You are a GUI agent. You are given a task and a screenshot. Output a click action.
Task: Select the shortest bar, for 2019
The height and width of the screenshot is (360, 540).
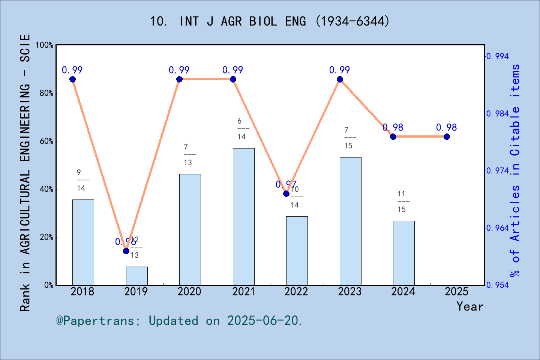136,276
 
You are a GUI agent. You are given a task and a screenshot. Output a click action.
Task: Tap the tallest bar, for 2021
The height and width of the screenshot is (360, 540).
243,217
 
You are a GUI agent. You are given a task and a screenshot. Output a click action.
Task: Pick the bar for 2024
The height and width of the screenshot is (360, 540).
403,253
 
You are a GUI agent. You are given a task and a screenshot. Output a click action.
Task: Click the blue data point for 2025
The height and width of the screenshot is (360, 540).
447,136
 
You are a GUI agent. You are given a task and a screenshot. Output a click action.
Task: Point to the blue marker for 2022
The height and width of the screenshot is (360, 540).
286,193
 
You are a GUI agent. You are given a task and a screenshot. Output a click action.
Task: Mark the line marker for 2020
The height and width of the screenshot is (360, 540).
179,79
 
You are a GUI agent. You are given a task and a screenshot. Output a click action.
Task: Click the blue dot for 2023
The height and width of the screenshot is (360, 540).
340,79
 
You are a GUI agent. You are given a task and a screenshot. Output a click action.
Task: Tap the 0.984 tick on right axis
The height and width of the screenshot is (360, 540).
498,114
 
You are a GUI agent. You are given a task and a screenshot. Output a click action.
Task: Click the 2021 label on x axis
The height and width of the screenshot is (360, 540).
243,292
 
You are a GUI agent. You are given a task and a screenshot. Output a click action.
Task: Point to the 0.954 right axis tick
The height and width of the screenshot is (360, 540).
498,285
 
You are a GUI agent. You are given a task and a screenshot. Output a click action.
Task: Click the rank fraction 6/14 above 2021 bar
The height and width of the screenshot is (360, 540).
241,129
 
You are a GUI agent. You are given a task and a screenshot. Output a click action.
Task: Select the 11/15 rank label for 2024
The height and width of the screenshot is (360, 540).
402,201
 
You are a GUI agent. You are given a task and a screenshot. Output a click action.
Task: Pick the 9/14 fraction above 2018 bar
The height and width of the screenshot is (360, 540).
81,180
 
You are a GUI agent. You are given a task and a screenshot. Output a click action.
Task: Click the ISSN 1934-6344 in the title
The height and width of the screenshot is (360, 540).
352,21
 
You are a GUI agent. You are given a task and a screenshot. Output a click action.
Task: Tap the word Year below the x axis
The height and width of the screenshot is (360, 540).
469,306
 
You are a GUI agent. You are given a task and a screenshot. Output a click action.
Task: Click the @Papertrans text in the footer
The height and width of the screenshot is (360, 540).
95,321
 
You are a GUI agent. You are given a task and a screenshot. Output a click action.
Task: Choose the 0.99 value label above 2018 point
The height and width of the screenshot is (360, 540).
72,70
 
